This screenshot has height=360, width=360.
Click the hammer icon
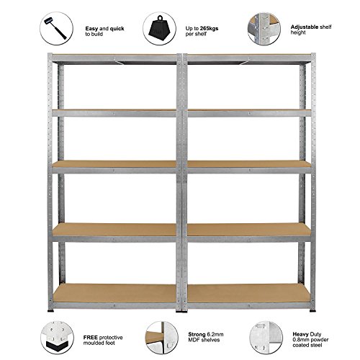point(55,28)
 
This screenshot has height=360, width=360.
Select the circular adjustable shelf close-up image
point(264,29)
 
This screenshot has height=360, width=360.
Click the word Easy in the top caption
point(91,29)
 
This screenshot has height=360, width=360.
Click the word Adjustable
point(305,27)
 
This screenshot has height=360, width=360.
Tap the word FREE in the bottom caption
point(91,338)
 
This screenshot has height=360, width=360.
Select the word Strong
point(197,334)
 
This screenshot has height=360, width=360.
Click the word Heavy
point(300,334)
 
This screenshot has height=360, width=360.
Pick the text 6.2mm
point(215,334)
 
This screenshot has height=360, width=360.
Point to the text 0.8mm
point(300,340)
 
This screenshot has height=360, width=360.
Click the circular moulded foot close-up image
point(57,338)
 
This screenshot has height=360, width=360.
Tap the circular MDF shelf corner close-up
point(162,338)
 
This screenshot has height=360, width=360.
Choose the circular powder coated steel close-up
point(266,338)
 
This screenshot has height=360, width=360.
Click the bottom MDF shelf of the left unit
point(114,293)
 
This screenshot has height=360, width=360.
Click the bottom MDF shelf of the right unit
point(249,293)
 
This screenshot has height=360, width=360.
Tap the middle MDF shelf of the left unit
point(114,164)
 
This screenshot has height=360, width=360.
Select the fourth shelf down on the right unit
point(249,229)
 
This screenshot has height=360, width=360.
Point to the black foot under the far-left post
point(50,311)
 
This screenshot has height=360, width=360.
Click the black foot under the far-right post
point(312,311)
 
